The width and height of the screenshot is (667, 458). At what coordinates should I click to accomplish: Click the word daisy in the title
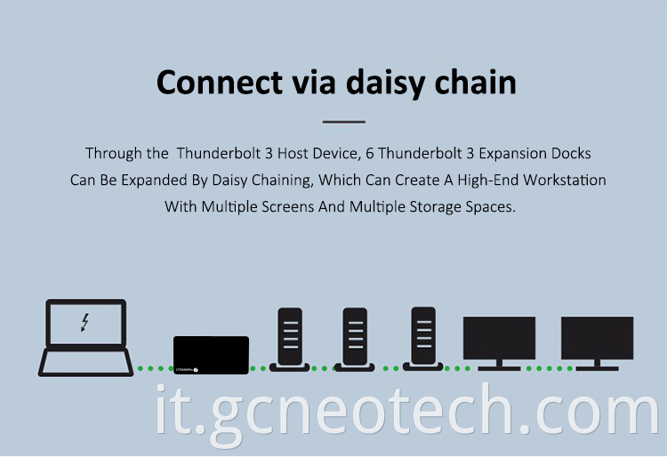click(x=385, y=83)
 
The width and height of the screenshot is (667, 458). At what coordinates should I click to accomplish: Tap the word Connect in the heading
click(x=219, y=82)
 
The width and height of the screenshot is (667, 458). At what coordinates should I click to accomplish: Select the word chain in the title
click(x=476, y=82)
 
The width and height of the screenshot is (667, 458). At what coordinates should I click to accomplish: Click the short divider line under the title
click(x=343, y=122)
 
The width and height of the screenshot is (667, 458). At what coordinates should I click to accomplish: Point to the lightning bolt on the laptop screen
click(x=85, y=322)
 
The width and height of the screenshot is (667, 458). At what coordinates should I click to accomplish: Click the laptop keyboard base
click(x=86, y=362)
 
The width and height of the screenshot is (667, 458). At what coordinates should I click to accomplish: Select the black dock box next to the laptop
click(x=211, y=355)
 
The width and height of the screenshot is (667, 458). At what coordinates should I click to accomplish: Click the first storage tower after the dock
click(x=290, y=340)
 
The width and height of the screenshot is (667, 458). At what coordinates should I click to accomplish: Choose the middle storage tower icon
click(x=355, y=340)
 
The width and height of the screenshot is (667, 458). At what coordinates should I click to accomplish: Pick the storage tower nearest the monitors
click(x=423, y=339)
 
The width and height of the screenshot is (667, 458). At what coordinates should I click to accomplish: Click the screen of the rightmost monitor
click(x=598, y=338)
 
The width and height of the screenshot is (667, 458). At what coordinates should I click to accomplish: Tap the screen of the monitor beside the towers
click(x=499, y=338)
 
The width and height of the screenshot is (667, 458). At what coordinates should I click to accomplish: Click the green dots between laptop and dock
click(x=155, y=368)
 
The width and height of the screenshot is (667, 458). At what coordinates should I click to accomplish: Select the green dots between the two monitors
click(x=550, y=368)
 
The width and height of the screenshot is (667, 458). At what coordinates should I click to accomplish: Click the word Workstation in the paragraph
click(x=565, y=180)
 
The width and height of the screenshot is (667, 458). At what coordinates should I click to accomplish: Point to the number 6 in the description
click(x=370, y=154)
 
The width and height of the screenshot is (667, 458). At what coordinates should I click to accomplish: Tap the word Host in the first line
click(x=293, y=154)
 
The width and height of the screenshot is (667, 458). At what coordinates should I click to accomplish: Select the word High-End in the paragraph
click(x=487, y=181)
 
